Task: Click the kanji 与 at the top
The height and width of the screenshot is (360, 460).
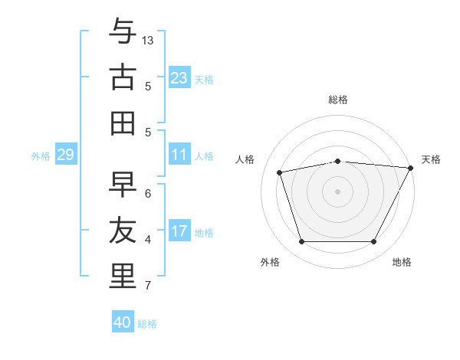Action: coord(123,32)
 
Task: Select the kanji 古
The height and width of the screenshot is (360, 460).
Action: coord(123,77)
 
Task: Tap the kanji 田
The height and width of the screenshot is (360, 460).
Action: coord(123,123)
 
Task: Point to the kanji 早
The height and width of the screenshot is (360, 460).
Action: coord(123,184)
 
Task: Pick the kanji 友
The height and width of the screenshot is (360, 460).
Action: coord(123,231)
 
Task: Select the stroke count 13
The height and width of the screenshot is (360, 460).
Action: coord(148,40)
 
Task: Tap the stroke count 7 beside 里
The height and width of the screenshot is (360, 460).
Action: coord(148,286)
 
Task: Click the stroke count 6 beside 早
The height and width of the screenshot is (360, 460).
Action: coord(148,193)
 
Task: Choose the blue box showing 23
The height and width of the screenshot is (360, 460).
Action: coord(179,78)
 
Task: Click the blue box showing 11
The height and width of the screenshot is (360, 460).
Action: coord(179,155)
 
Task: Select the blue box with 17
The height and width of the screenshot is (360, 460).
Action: coord(179,231)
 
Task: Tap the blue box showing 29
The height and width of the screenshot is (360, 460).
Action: coord(65,155)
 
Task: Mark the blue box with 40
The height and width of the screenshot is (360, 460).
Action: coord(123,322)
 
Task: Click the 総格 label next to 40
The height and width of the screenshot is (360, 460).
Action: coord(147,324)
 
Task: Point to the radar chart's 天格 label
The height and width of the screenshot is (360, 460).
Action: coord(431,159)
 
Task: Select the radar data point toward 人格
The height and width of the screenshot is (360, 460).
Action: coord(280,172)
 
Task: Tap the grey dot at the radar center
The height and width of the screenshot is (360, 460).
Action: coord(337,191)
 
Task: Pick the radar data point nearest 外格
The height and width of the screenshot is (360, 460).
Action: coord(301,241)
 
